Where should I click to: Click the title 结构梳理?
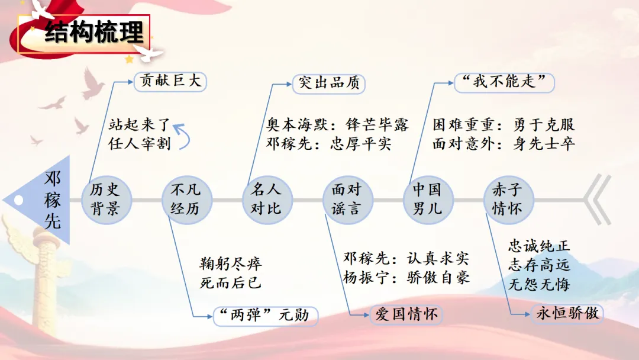(94, 33)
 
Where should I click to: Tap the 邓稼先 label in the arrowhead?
(53, 200)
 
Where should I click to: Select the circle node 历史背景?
(105, 199)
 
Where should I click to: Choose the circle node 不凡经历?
(186, 199)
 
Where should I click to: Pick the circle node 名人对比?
(267, 199)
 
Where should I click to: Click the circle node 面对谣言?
(347, 199)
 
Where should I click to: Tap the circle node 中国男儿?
(427, 199)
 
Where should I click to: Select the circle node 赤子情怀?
(508, 199)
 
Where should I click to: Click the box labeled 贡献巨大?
(171, 81)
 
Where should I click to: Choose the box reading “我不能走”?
(504, 82)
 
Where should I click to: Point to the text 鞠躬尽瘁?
(231, 264)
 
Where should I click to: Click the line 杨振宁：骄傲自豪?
(407, 277)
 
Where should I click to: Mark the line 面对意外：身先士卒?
(504, 144)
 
